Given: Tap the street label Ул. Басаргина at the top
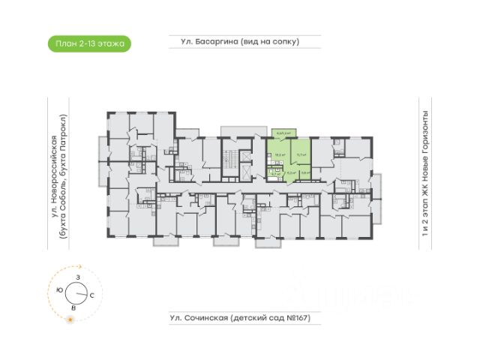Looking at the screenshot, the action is pos(209,41).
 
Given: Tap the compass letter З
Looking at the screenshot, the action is pos(77,277).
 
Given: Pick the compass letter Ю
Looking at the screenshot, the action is pos(59,289).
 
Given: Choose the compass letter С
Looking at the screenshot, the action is pos(91,295).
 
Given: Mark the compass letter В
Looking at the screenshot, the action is pos(73,307).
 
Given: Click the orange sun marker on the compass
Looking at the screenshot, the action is pos(70,320).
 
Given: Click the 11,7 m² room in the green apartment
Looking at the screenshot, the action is pos(301,155).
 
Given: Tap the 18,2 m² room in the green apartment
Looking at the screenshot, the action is pos(279,154).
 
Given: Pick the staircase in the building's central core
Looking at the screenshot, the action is pos(241,158).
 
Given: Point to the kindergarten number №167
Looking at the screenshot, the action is pos(296,319).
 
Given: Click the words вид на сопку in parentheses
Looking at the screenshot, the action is pos(269,41).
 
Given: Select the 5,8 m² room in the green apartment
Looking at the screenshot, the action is pos(304,172).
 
